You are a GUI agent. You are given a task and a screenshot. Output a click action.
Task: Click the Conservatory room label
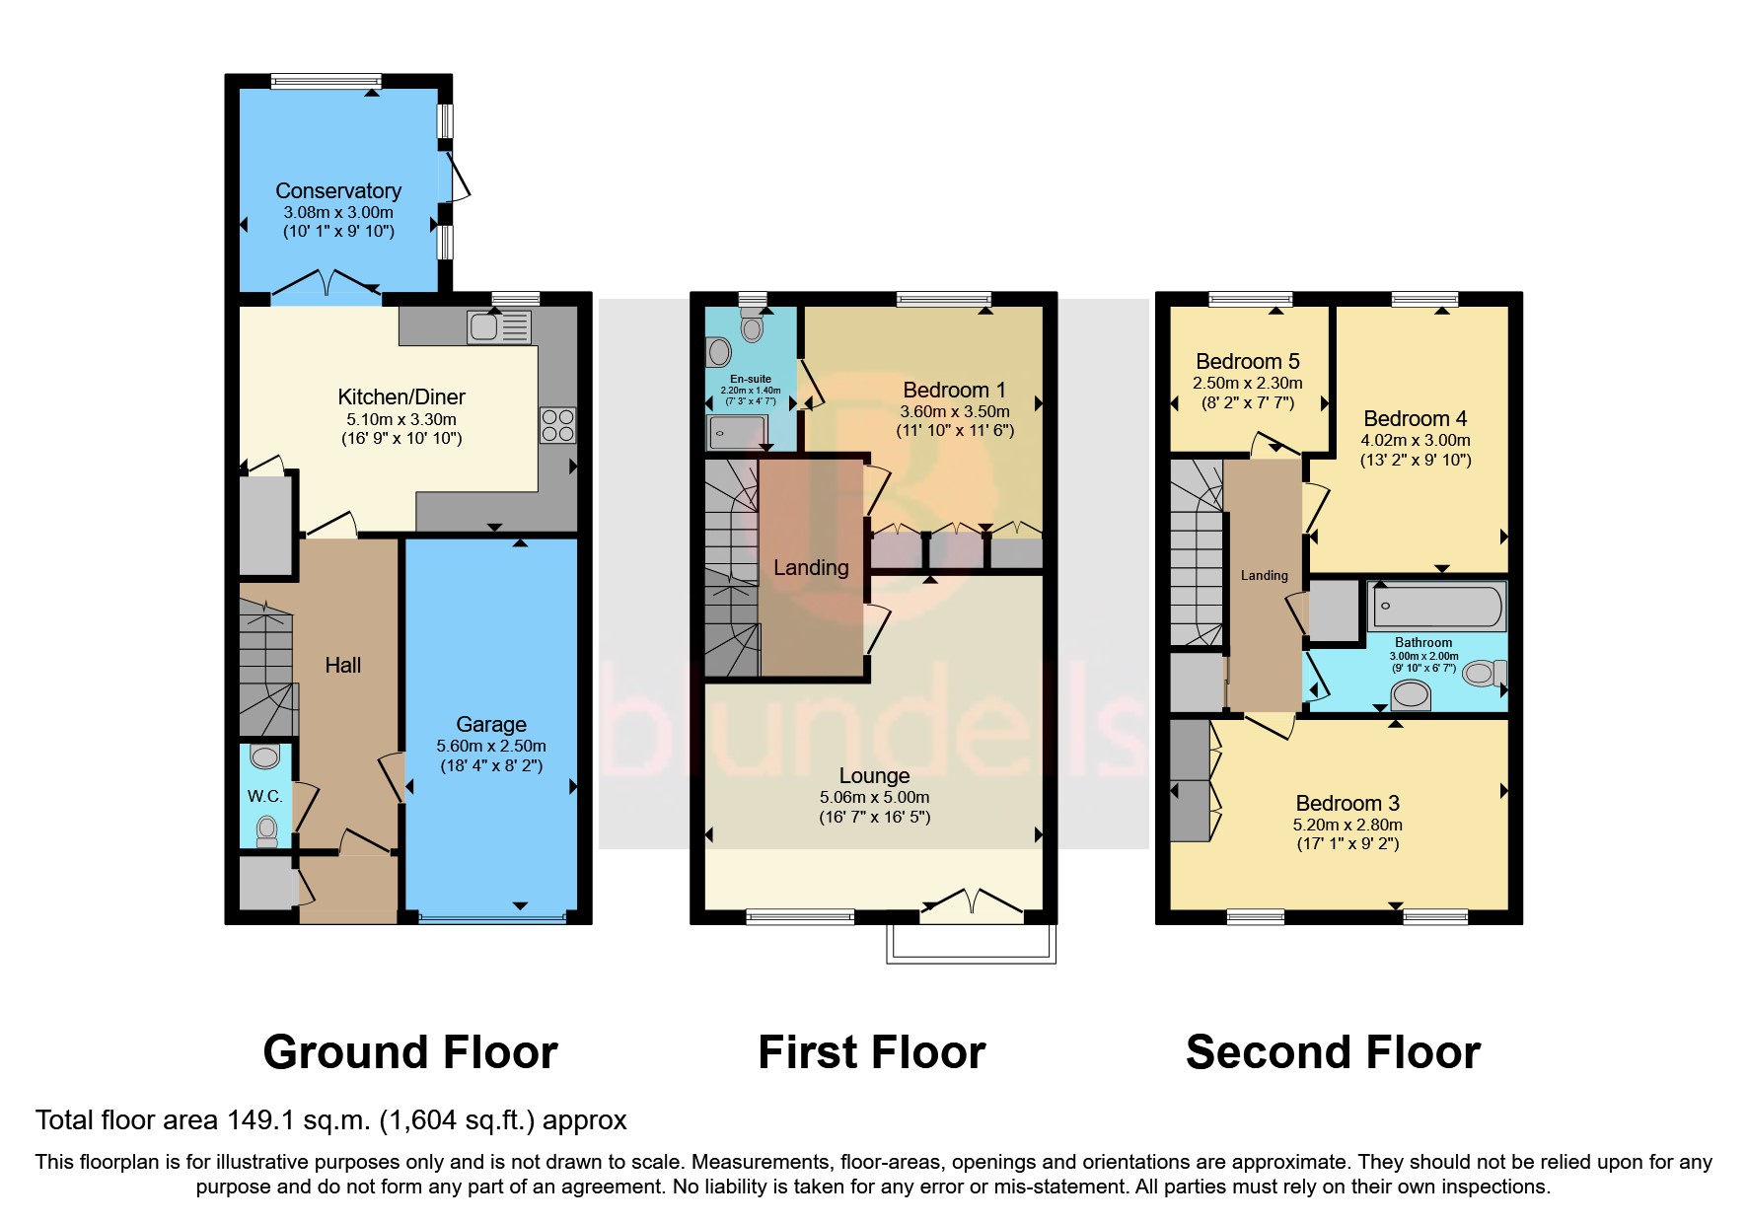point(338,190)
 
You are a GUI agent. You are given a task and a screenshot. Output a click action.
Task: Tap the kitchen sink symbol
point(499,326)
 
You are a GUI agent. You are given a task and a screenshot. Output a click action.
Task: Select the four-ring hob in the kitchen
point(557,425)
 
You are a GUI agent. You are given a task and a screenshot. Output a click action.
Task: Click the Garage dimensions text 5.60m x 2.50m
point(491,746)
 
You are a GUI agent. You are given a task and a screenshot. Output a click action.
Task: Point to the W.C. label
point(264,796)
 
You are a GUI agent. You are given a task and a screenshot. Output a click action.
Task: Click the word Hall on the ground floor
point(343,665)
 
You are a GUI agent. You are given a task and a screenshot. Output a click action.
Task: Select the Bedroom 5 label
point(1248,361)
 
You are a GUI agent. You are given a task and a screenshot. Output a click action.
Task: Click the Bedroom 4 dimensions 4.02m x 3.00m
point(1416,440)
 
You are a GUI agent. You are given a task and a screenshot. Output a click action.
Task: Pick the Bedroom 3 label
point(1347,803)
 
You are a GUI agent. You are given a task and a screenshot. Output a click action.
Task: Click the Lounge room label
point(874,775)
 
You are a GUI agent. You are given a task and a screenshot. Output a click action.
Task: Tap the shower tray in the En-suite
point(737,432)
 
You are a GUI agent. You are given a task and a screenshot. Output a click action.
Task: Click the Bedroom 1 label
point(954,390)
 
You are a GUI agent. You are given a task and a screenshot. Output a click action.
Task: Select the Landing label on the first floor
point(811,567)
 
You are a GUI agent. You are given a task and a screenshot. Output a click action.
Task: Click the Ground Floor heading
point(410,1052)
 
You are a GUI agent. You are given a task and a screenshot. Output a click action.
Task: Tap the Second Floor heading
point(1333,1052)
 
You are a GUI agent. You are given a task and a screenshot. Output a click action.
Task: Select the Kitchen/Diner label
point(401,396)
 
